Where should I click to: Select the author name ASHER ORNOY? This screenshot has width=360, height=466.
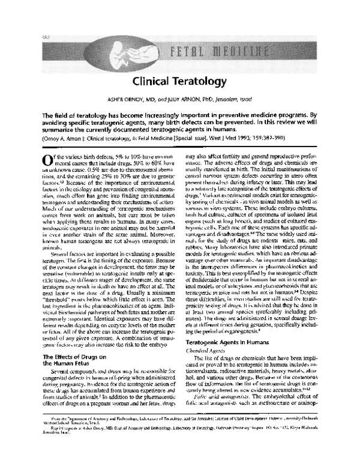coord(136,99)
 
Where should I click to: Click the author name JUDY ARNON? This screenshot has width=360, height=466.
coord(192,99)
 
